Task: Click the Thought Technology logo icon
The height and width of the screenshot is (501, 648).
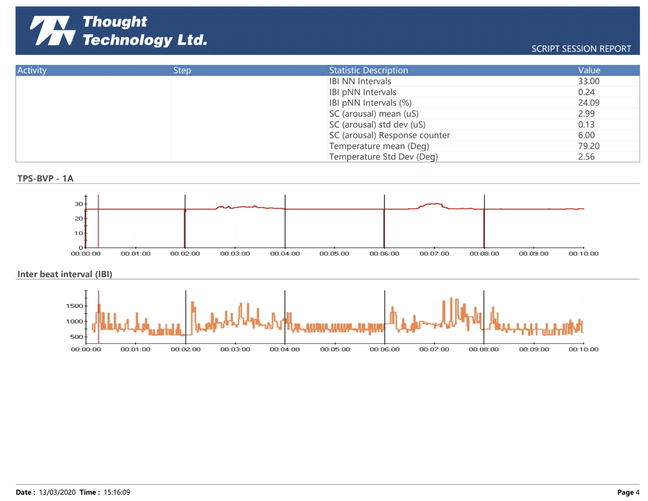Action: coord(52,31)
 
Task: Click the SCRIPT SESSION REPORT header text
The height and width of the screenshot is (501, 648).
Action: coord(581,49)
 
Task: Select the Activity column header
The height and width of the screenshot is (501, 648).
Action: coord(32,70)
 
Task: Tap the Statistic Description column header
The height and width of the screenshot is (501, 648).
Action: coord(368,70)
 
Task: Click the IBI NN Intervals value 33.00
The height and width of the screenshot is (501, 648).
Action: coord(588,81)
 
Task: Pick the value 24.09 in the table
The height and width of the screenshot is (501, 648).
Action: coord(588,103)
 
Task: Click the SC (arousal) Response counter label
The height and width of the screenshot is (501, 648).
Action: coord(389,135)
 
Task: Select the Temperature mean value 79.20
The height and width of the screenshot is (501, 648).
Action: coord(588,146)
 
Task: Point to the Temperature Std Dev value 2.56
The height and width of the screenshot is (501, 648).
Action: coord(586,157)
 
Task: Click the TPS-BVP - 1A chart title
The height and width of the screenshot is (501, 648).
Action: coord(45,179)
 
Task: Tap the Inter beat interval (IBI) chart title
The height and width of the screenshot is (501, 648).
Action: coord(65,274)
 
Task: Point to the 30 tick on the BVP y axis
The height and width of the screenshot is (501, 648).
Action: coord(78,204)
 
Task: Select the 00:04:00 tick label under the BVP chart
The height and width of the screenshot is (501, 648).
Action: coord(285,254)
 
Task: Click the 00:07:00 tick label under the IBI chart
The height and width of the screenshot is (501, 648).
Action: coord(434,349)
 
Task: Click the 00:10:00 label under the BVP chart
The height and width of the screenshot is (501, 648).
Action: coord(583,254)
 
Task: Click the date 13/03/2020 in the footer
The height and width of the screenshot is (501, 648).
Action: coord(57,492)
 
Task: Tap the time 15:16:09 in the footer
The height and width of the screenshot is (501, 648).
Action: coord(117,492)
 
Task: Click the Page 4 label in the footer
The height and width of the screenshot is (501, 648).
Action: coord(628,492)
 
